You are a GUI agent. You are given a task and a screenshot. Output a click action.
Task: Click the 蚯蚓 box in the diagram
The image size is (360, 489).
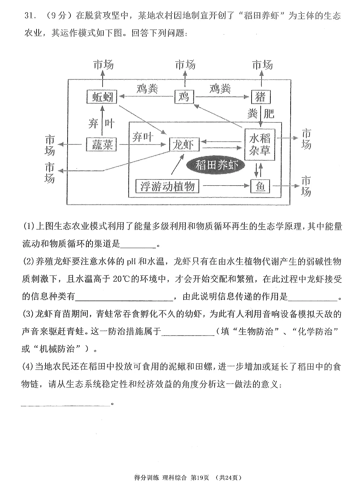tap(102, 97)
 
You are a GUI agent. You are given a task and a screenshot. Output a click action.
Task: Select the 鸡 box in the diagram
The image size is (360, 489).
tap(184, 97)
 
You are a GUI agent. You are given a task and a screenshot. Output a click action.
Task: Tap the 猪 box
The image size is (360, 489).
tap(261, 97)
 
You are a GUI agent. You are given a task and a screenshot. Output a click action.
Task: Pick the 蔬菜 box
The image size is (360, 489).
tap(101, 144)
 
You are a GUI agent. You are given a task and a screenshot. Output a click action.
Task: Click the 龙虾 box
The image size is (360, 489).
tap(184, 144)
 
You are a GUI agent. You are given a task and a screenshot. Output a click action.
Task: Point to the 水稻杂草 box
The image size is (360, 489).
tap(260, 145)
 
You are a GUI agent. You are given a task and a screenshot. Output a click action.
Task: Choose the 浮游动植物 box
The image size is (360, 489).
tap(167, 186)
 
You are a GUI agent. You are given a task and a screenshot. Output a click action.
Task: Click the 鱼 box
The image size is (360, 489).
tap(260, 186)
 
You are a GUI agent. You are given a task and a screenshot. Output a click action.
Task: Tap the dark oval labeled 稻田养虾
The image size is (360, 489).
tap(215, 165)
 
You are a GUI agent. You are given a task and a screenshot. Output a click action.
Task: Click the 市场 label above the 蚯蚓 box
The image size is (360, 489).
tap(103, 65)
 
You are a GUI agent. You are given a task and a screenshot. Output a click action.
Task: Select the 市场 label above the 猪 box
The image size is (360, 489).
tap(262, 65)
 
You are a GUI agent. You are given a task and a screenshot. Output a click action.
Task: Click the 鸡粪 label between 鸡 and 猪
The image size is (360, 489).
tap(220, 88)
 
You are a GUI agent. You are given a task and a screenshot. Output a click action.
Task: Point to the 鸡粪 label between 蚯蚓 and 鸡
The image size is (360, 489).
tap(147, 88)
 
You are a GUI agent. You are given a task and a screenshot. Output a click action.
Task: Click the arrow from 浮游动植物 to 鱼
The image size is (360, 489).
tap(226, 186)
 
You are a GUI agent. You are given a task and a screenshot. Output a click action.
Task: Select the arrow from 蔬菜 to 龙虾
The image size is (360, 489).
tap(143, 144)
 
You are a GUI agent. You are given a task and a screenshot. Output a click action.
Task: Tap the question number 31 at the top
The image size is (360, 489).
tap(29, 16)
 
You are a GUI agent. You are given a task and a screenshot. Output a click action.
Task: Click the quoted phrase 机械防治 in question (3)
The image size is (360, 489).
tap(57, 349)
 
